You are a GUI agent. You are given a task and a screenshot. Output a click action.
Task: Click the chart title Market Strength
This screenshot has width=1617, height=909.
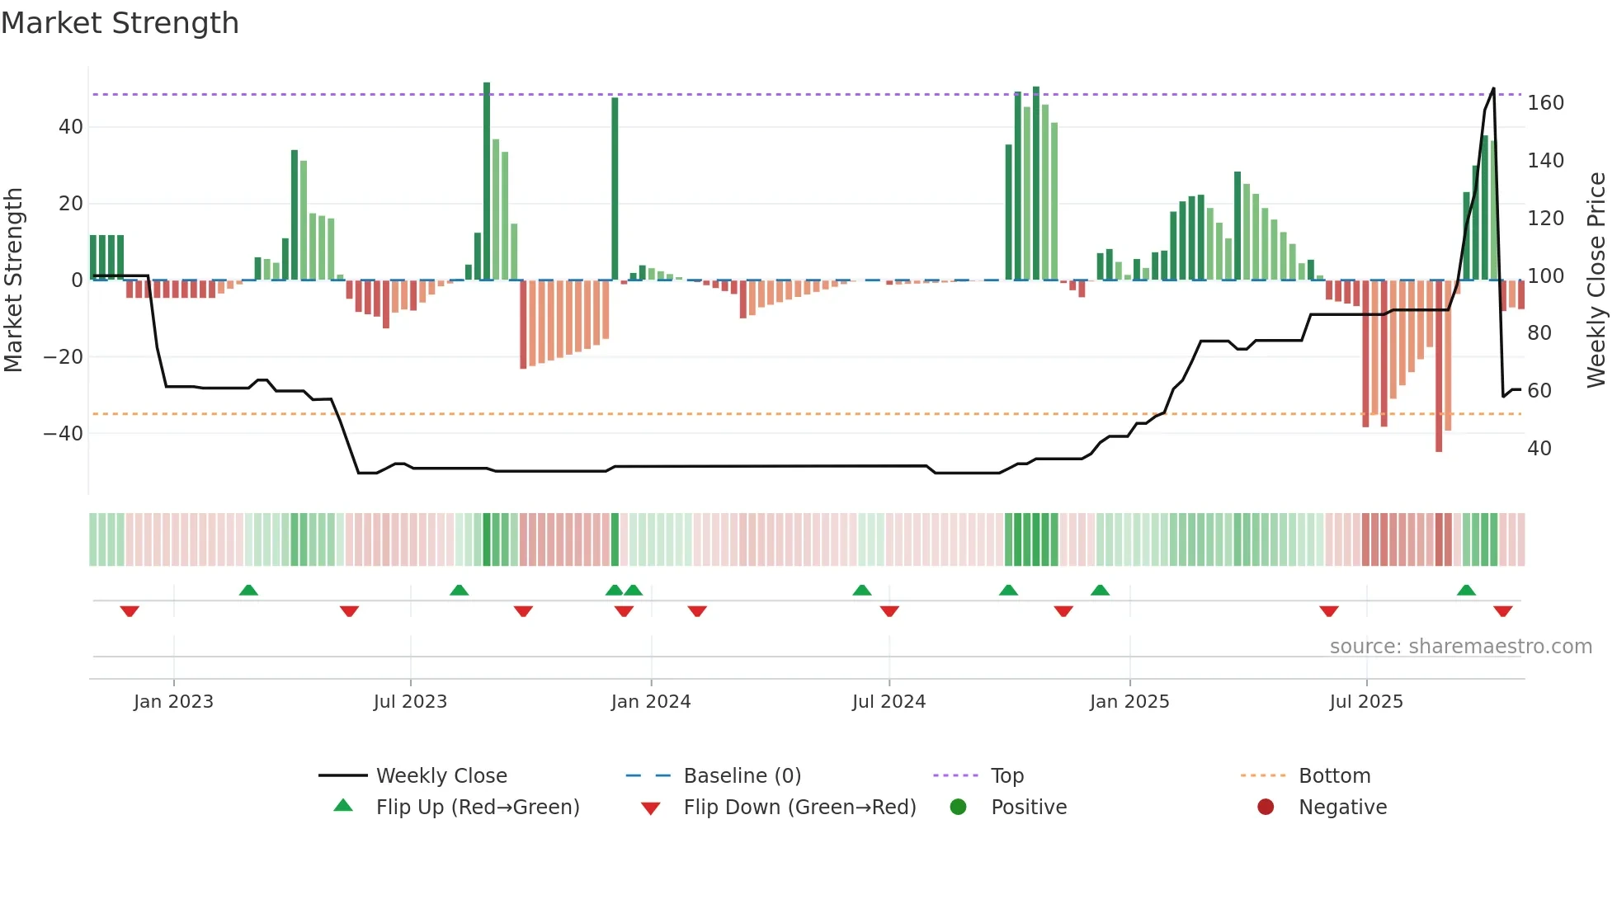(120, 23)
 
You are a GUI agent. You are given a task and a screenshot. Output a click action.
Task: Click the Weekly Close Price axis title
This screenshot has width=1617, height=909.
(1596, 280)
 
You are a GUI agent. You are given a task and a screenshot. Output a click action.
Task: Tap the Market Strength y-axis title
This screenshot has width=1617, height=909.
(13, 280)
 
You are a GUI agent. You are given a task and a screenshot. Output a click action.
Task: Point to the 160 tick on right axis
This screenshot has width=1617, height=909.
(1544, 103)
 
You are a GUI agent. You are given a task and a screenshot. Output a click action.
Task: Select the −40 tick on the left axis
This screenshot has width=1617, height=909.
(63, 434)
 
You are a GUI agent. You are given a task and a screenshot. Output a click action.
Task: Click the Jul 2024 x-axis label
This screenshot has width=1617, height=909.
(889, 702)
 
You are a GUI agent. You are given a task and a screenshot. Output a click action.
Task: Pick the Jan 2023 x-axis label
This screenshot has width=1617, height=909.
(173, 702)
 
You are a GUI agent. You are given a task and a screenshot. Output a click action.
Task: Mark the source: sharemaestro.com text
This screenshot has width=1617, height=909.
(1460, 647)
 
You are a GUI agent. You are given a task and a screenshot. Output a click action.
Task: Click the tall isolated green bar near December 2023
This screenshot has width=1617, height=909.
(615, 190)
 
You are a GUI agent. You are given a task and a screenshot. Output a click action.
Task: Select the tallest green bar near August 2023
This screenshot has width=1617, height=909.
(487, 181)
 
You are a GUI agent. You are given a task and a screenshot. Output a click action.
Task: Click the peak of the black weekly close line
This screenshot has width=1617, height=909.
(1493, 89)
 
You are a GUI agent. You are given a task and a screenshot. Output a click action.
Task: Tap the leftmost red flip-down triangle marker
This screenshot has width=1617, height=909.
(130, 611)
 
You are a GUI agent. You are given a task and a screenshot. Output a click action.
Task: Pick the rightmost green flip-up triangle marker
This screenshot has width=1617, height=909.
(1466, 590)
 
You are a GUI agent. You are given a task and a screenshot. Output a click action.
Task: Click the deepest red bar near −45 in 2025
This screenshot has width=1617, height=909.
(1439, 367)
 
